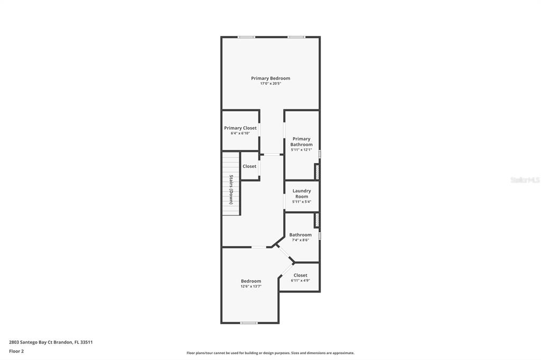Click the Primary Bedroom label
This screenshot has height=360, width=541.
pyautogui.click(x=270, y=78)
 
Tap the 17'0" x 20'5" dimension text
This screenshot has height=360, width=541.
pyautogui.click(x=270, y=83)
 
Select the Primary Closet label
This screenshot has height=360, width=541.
pyautogui.click(x=240, y=128)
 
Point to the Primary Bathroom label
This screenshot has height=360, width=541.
pyautogui.click(x=301, y=141)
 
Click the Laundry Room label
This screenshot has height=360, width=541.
pyautogui.click(x=302, y=193)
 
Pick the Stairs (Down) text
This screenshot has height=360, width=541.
pyautogui.click(x=231, y=190)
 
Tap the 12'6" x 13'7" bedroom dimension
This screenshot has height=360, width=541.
pyautogui.click(x=251, y=286)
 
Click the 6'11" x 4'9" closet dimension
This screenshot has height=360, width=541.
pyautogui.click(x=300, y=280)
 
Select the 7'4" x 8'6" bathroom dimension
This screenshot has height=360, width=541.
pyautogui.click(x=300, y=240)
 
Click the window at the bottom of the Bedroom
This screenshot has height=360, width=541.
pyautogui.click(x=249, y=323)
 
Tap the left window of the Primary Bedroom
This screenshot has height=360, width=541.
pyautogui.click(x=246, y=37)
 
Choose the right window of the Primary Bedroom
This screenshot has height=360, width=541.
pyautogui.click(x=296, y=37)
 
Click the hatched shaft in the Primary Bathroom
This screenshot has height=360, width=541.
pyautogui.click(x=317, y=172)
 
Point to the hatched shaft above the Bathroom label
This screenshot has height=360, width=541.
pyautogui.click(x=317, y=220)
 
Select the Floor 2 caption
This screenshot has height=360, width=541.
pyautogui.click(x=16, y=352)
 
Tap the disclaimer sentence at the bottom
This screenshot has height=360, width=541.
pyautogui.click(x=270, y=353)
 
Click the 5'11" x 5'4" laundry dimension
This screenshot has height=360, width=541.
pyautogui.click(x=302, y=202)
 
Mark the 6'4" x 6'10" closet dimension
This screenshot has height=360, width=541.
pyautogui.click(x=240, y=133)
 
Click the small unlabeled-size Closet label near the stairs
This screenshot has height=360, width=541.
pyautogui.click(x=249, y=166)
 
